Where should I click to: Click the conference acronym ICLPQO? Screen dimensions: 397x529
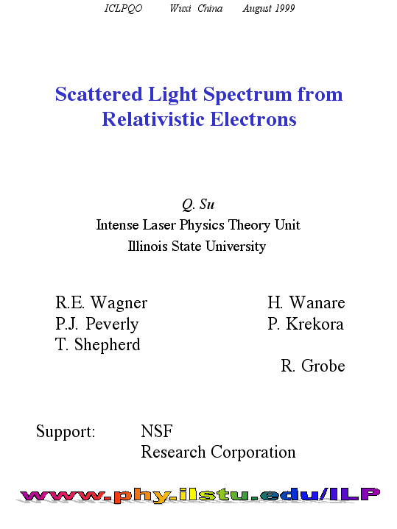coord(123,8)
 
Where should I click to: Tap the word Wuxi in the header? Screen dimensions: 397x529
coord(180,8)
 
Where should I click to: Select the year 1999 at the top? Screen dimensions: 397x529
coord(285,8)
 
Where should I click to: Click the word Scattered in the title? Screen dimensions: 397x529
coord(99,93)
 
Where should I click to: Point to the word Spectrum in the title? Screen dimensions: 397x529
coord(247,95)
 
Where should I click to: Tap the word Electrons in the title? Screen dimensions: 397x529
coord(253,119)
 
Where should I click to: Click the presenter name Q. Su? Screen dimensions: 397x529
coord(198,205)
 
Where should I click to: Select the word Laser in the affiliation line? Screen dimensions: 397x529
coord(159,225)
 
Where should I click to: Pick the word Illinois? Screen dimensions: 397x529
coord(147,246)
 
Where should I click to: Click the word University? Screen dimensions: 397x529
coord(236,246)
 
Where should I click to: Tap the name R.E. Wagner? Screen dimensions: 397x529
coord(102,302)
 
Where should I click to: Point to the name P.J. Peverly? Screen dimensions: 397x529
coord(97,324)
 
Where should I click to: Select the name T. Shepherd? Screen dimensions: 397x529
coord(98,345)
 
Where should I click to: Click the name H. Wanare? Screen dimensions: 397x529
coord(306,302)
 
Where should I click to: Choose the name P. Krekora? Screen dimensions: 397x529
coord(306,324)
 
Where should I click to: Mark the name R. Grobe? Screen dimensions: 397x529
coord(313,366)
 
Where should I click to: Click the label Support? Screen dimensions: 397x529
coord(66,432)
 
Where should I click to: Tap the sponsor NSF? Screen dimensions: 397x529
coord(157,431)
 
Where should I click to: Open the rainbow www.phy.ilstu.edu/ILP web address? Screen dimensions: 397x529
coord(200,495)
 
